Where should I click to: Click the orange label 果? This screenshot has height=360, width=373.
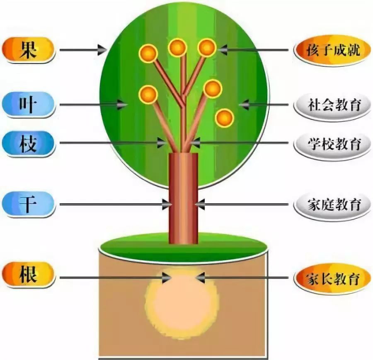point(28,50)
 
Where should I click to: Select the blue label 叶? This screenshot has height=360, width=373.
point(28,105)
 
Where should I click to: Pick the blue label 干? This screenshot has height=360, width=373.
point(28,204)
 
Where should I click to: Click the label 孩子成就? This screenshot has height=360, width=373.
point(332,51)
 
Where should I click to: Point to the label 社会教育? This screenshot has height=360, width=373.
point(332,105)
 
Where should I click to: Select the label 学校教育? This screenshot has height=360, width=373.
point(332,144)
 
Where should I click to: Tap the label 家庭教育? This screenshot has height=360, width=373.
point(332,204)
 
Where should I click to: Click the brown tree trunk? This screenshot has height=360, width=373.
point(183,199)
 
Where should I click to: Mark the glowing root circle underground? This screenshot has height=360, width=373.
point(181,303)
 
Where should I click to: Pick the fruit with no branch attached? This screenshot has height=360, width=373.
point(225,118)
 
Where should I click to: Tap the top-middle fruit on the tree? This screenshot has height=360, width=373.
point(177,47)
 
